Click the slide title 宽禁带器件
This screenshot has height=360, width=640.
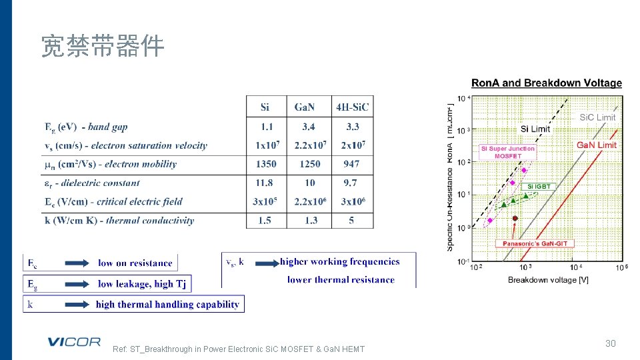point(103,47)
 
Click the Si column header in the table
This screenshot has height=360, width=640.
point(265,107)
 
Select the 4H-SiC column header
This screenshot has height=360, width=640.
point(352,107)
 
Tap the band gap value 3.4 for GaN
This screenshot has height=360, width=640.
point(308,127)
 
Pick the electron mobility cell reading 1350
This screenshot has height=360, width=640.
point(265,164)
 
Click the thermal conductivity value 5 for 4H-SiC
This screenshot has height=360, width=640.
point(351,220)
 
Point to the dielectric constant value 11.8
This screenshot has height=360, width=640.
point(265,183)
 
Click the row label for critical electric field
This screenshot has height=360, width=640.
point(113,201)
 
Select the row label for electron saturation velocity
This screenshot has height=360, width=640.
point(126,145)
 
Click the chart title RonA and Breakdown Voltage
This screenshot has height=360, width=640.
point(547,83)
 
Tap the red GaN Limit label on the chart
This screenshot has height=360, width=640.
point(597,145)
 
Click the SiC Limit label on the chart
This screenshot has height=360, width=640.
point(597,117)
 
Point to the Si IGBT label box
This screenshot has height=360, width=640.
point(539,187)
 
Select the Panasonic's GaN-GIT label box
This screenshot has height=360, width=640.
point(534,244)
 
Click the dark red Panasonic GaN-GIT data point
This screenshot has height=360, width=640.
point(515,218)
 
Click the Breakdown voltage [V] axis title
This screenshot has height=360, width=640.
point(548,280)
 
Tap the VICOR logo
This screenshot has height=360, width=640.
point(73,342)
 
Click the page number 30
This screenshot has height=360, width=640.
point(610,343)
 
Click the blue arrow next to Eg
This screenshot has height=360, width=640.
point(72,284)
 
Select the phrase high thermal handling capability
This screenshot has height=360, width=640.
point(167,305)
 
